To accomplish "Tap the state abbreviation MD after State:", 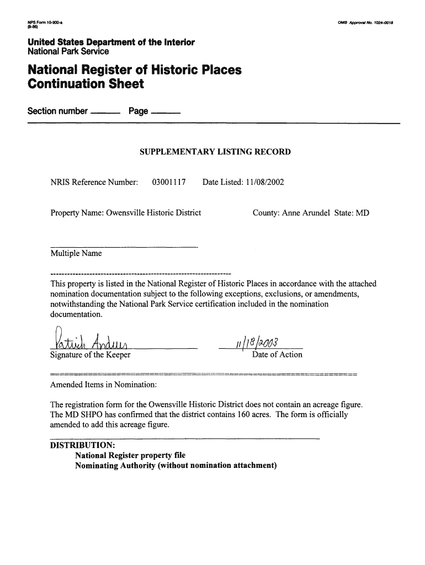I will pyautogui.click(x=362, y=212).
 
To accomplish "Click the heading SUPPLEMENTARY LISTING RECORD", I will pyautogui.click(x=215, y=152).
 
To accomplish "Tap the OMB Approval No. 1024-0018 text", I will pyautogui.click(x=368, y=23).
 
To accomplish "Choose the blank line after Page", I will pyautogui.click(x=165, y=113).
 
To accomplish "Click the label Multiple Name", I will pyautogui.click(x=76, y=254).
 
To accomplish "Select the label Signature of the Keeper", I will pyautogui.click(x=91, y=355).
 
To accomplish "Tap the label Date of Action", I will pyautogui.click(x=277, y=355).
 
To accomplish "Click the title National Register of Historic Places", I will pyautogui.click(x=135, y=71).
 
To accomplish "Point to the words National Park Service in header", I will pyautogui.click(x=68, y=51).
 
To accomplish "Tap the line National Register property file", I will pyautogui.click(x=130, y=455).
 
